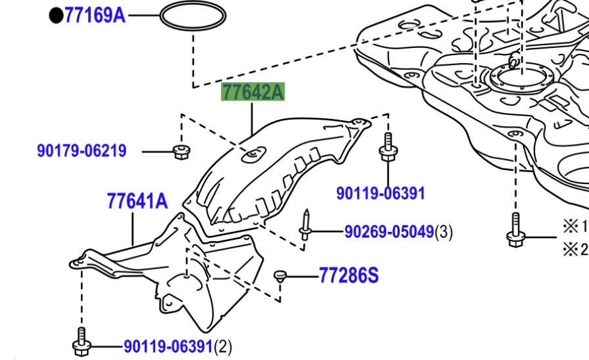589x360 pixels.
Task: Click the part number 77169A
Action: click(x=95, y=15)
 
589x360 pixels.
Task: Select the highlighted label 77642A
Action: click(x=253, y=92)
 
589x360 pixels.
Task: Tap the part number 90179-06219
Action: click(x=82, y=151)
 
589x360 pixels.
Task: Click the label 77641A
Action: click(x=137, y=201)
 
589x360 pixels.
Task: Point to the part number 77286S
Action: click(x=349, y=275)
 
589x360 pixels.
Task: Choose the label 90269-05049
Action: click(x=389, y=231)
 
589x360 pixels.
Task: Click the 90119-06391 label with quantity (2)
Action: click(x=168, y=346)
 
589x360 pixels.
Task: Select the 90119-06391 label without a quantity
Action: click(x=381, y=193)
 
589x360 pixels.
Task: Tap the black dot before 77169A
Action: click(x=56, y=15)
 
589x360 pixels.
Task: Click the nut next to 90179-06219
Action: click(x=181, y=152)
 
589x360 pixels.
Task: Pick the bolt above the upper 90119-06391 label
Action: click(x=387, y=148)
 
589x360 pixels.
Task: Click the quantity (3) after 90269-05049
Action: click(x=444, y=231)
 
